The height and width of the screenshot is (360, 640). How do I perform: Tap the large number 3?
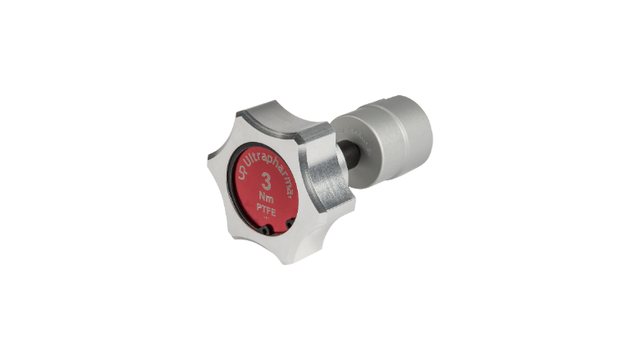266,181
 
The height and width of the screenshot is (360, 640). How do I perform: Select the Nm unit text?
267,198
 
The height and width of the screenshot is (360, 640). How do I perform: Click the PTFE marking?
266,211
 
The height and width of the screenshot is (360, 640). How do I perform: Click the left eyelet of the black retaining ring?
265,230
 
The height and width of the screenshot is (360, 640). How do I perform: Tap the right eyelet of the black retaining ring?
290,223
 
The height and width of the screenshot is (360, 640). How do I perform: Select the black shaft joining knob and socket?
349,153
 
